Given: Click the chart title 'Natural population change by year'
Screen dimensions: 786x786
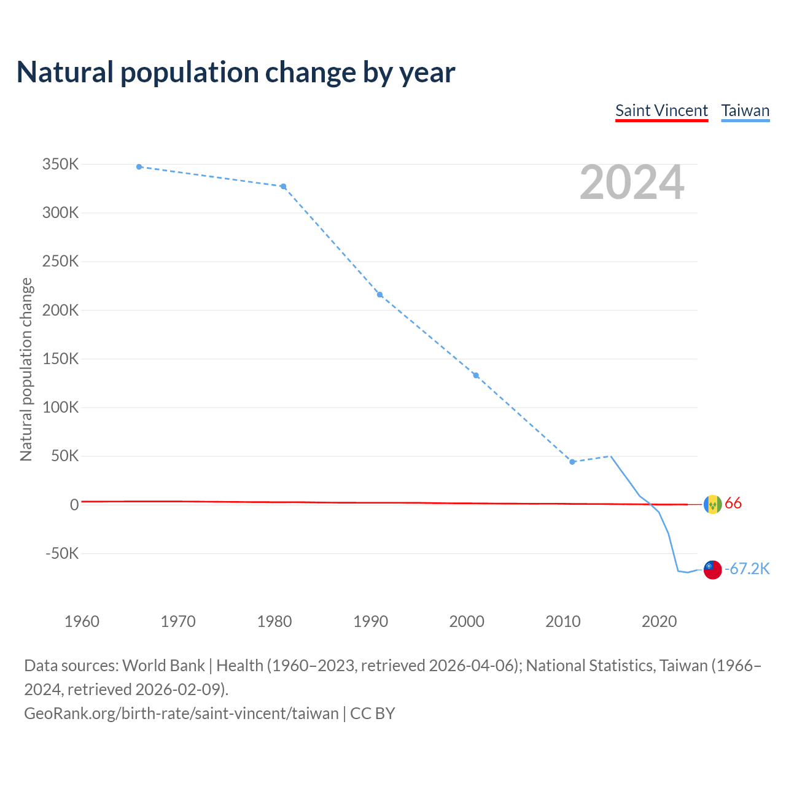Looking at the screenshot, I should click(236, 72).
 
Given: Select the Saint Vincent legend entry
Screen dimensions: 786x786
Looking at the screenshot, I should click(661, 111).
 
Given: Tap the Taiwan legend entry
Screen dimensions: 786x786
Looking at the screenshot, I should click(745, 111).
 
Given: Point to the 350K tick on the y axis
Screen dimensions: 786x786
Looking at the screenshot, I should click(61, 165).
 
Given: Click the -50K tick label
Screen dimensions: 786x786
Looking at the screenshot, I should click(62, 553).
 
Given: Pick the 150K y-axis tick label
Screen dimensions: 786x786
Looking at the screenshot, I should click(61, 359).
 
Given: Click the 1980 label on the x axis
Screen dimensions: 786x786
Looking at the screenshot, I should click(274, 621).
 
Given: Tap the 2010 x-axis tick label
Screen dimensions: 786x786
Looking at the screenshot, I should click(563, 621).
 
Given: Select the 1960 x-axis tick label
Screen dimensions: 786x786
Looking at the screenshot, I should click(82, 621).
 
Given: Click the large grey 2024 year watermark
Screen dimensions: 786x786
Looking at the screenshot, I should click(632, 182).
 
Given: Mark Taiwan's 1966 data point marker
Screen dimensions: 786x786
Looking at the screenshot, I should click(139, 166).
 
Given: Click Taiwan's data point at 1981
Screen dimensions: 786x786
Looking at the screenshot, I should click(283, 186).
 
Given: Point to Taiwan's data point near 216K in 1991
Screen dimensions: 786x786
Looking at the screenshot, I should click(379, 295).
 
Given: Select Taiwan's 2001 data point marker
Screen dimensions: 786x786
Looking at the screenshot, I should click(476, 375).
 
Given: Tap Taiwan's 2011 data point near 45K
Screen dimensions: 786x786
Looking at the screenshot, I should click(572, 462).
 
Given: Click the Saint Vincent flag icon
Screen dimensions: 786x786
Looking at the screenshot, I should click(712, 504).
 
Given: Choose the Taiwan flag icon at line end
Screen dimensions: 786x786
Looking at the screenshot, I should click(712, 569).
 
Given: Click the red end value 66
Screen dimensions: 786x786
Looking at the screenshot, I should click(733, 504).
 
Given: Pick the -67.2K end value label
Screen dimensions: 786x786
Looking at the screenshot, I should click(747, 569).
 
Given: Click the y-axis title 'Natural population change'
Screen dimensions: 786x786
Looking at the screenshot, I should click(26, 369).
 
